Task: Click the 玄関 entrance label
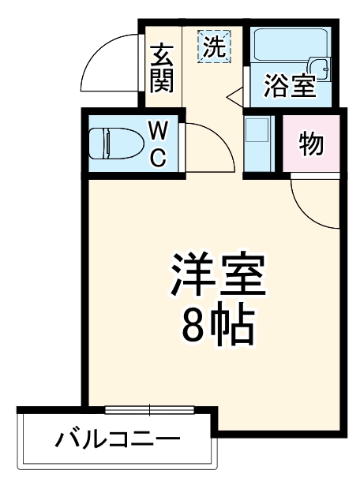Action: tap(161, 68)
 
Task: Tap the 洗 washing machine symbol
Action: tap(214, 47)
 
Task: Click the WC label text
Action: tap(158, 144)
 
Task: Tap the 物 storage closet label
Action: tap(311, 144)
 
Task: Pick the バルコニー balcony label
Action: tap(117, 439)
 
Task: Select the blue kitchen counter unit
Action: tap(257, 144)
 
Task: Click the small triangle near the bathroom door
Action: tap(234, 99)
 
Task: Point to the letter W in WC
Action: tap(158, 129)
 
